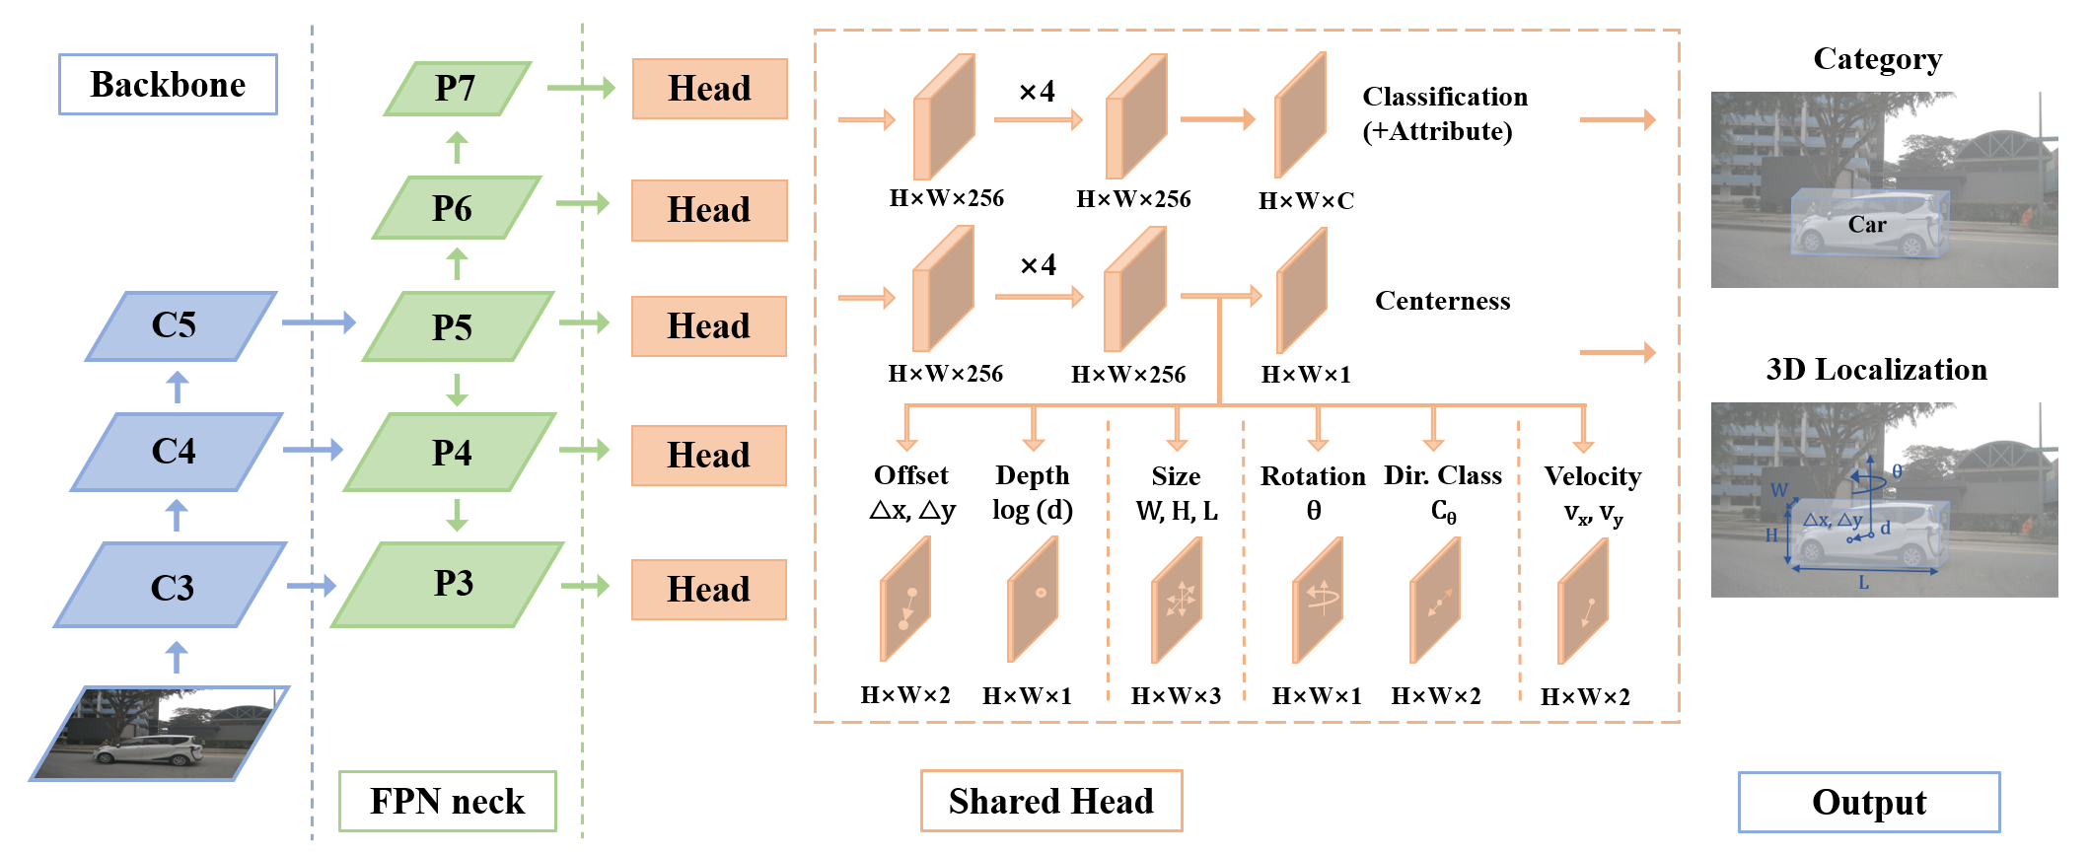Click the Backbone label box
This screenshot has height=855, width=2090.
click(x=168, y=85)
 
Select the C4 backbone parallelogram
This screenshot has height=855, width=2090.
click(x=176, y=452)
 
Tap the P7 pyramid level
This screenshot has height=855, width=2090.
click(x=457, y=89)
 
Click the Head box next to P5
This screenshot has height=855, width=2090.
click(x=708, y=326)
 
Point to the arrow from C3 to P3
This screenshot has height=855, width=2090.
click(x=311, y=586)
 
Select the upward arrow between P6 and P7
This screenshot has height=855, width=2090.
click(x=456, y=148)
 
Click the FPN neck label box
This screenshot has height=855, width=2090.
click(x=447, y=801)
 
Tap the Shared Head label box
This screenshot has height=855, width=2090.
click(x=1050, y=801)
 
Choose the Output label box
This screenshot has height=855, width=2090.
click(x=1868, y=802)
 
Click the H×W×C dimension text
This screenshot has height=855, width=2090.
click(x=1306, y=201)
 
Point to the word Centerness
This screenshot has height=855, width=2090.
click(x=1442, y=301)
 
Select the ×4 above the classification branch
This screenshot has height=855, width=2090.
click(x=1037, y=92)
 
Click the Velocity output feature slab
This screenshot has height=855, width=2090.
click(x=1583, y=602)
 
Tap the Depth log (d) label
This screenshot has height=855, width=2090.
click(x=1032, y=492)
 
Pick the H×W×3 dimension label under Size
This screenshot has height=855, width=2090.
click(x=1176, y=696)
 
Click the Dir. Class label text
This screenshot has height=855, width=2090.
click(x=1442, y=476)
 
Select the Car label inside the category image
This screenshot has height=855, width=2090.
click(x=1866, y=225)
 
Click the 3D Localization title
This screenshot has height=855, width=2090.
click(x=1876, y=370)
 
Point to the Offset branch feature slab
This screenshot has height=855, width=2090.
click(x=905, y=600)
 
